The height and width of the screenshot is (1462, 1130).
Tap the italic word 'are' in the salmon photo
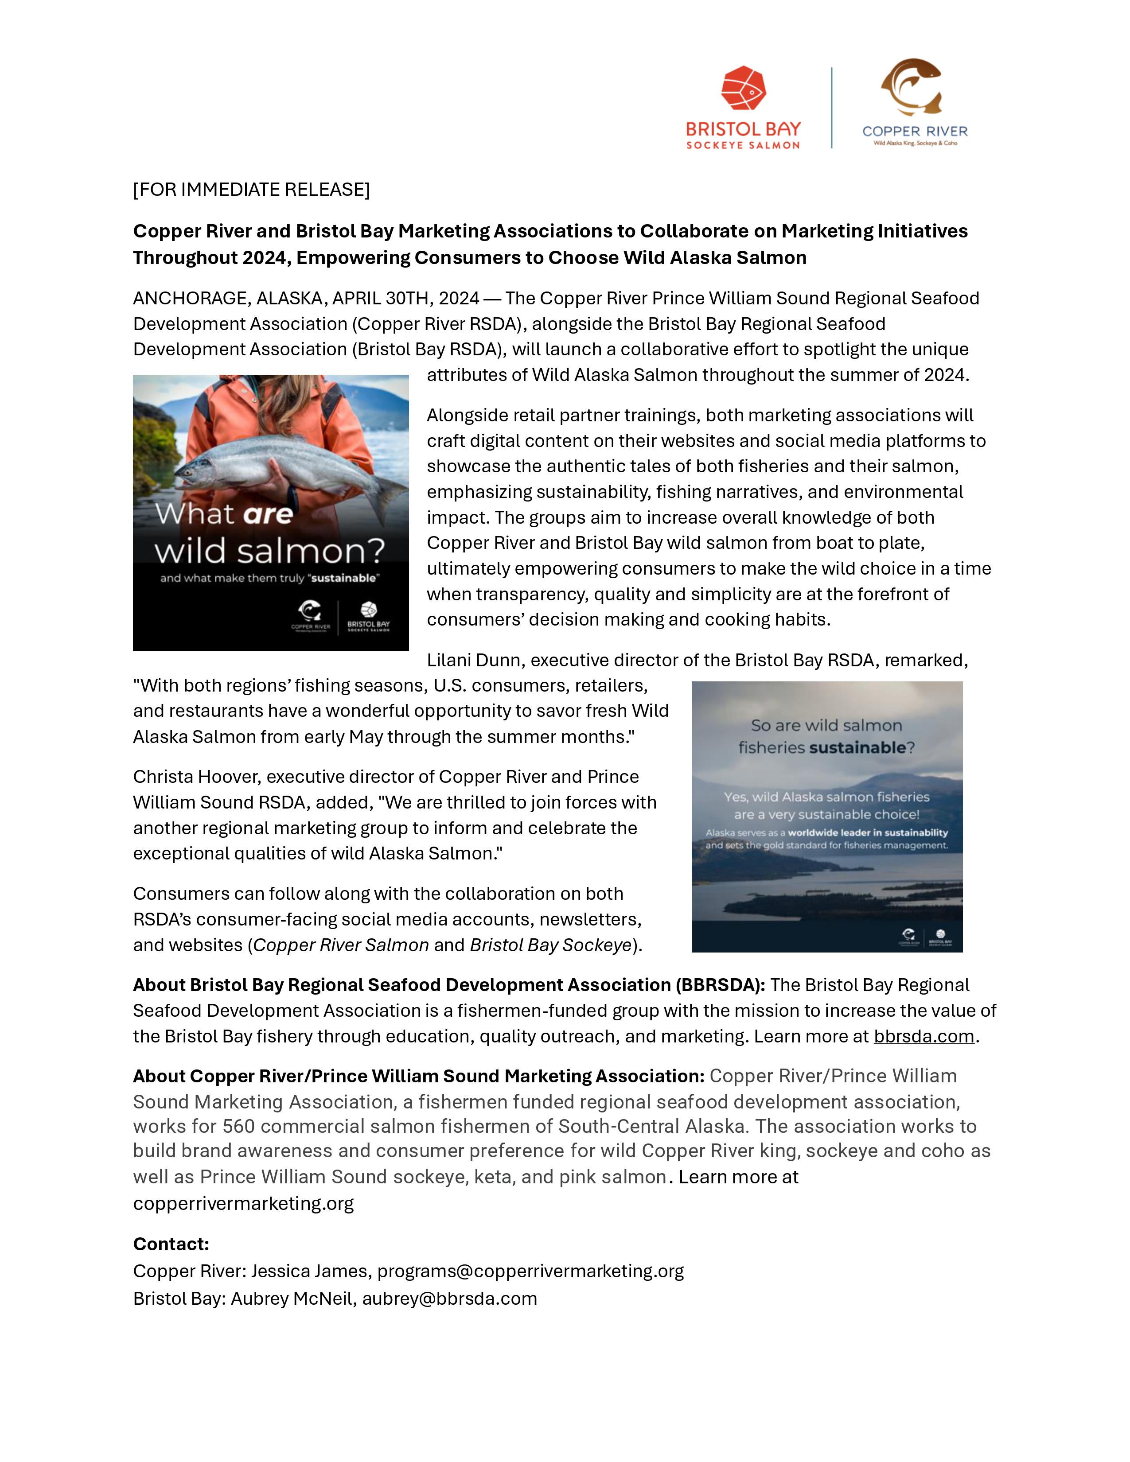tap(267, 514)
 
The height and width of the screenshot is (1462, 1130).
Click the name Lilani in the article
tap(449, 660)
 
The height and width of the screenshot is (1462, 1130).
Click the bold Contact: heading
tap(171, 1244)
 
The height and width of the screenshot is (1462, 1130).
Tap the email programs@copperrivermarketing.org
tap(530, 1271)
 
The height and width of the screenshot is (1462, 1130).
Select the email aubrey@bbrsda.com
tap(449, 1299)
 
